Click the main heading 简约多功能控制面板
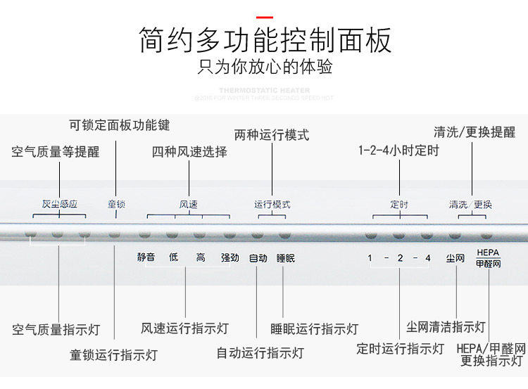(x=265, y=41)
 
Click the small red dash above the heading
(x=265, y=16)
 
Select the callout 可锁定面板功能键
(x=119, y=126)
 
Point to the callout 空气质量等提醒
(x=56, y=151)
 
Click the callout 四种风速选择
(x=189, y=151)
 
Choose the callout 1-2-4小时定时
(x=398, y=151)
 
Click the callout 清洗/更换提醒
(x=474, y=132)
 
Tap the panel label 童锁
(x=116, y=205)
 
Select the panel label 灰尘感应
(x=59, y=205)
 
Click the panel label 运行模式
(x=272, y=205)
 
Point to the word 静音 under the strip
(x=146, y=258)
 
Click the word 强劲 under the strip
(x=230, y=258)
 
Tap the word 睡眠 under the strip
(x=286, y=258)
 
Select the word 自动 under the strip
(x=258, y=258)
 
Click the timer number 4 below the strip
(x=427, y=258)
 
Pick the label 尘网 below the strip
(x=455, y=258)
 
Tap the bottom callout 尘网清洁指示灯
(x=446, y=327)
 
